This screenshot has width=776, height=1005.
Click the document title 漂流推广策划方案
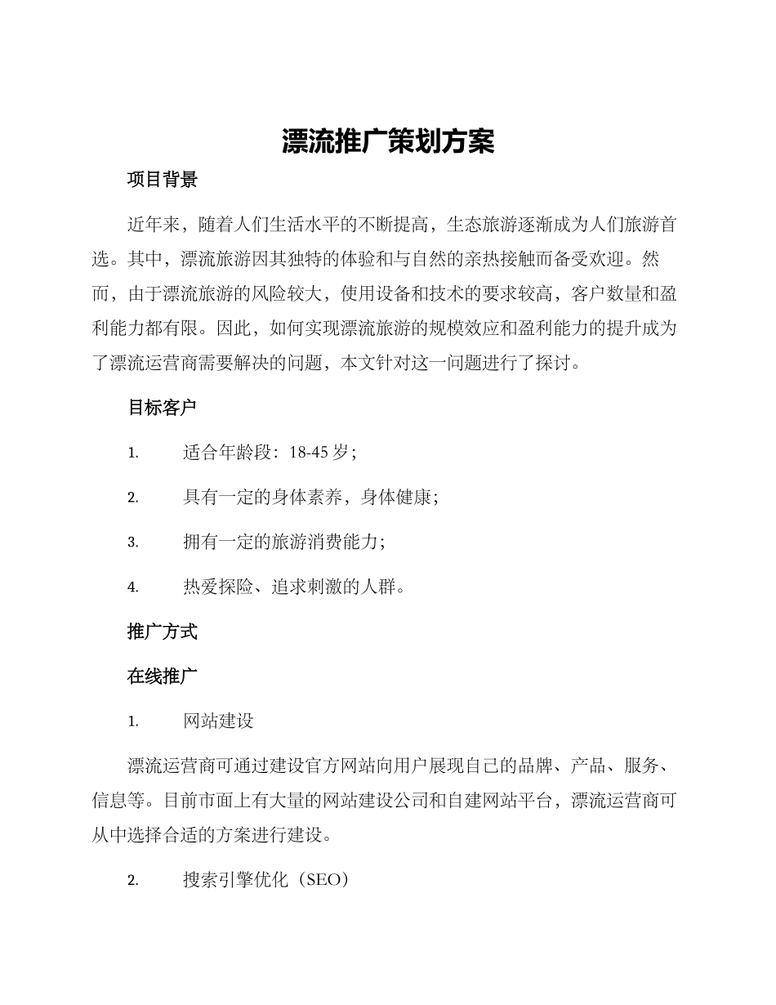(x=388, y=141)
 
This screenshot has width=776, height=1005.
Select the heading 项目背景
(x=163, y=181)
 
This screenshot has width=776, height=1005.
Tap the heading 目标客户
(x=163, y=408)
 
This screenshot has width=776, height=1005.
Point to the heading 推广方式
(x=163, y=632)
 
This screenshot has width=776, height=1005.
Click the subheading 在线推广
(x=163, y=677)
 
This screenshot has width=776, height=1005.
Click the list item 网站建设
(x=218, y=721)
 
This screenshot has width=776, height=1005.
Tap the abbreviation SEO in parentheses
(x=325, y=880)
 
